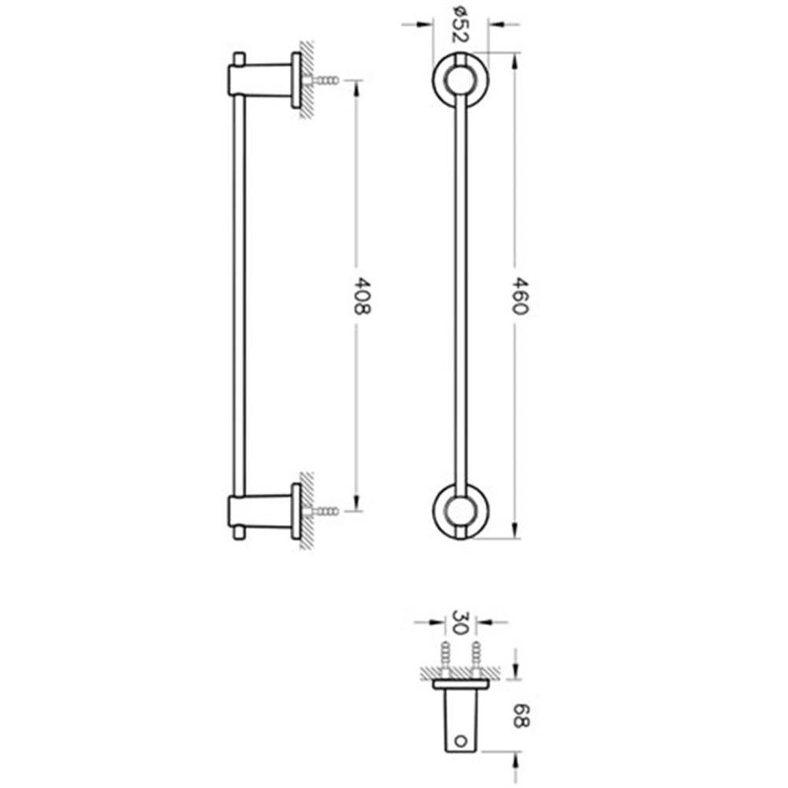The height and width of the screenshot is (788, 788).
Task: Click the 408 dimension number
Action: pos(360,295)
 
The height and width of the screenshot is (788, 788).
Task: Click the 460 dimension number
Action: pos(516,295)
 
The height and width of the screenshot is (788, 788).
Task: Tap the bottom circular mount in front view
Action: pos(461,511)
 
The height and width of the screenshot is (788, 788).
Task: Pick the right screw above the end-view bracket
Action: pos(475,656)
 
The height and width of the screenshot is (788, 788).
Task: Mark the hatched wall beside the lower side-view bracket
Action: pos(308,511)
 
